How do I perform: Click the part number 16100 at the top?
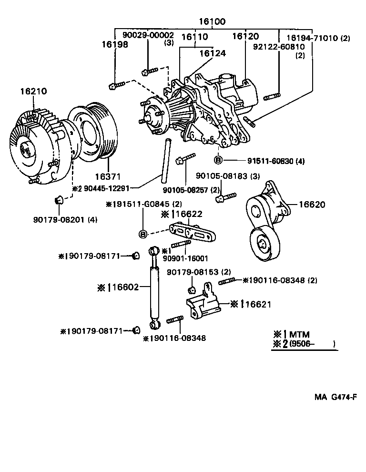212,22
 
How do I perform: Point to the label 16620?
312,205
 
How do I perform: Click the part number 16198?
114,44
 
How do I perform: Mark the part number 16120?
245,36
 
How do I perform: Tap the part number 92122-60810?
280,47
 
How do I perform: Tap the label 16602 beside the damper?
125,287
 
